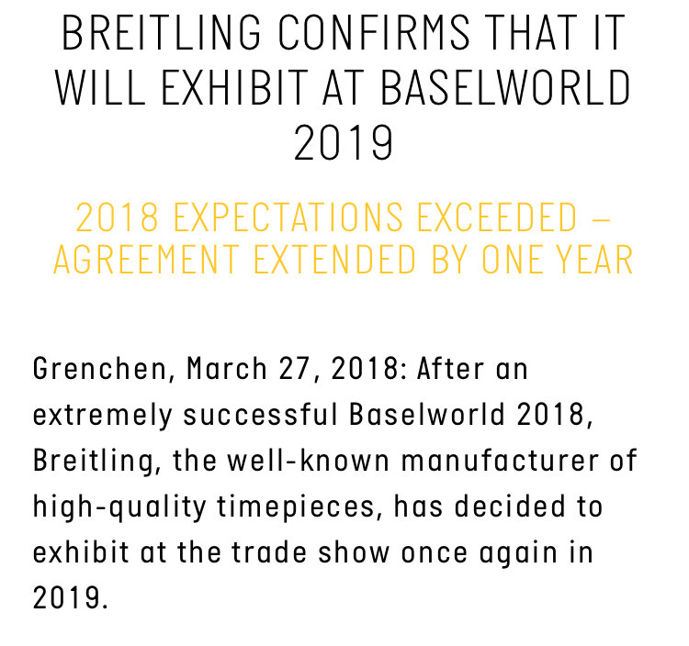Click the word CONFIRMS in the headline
coord(374,33)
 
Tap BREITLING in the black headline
coord(162,33)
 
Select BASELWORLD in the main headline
coord(505,87)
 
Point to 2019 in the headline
coord(344,142)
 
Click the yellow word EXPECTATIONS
coord(288,217)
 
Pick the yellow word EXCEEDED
coord(496,217)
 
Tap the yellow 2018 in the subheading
coord(117,217)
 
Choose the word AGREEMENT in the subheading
coord(146,260)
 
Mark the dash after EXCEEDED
coord(601,217)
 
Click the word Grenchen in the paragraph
coord(100,369)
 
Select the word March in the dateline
coord(227,368)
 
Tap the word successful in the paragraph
coord(261,414)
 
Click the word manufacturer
coord(500,461)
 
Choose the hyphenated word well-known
coord(308,461)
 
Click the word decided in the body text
coord(510,506)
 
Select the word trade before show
coord(269,552)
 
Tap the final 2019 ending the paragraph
coord(71,597)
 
